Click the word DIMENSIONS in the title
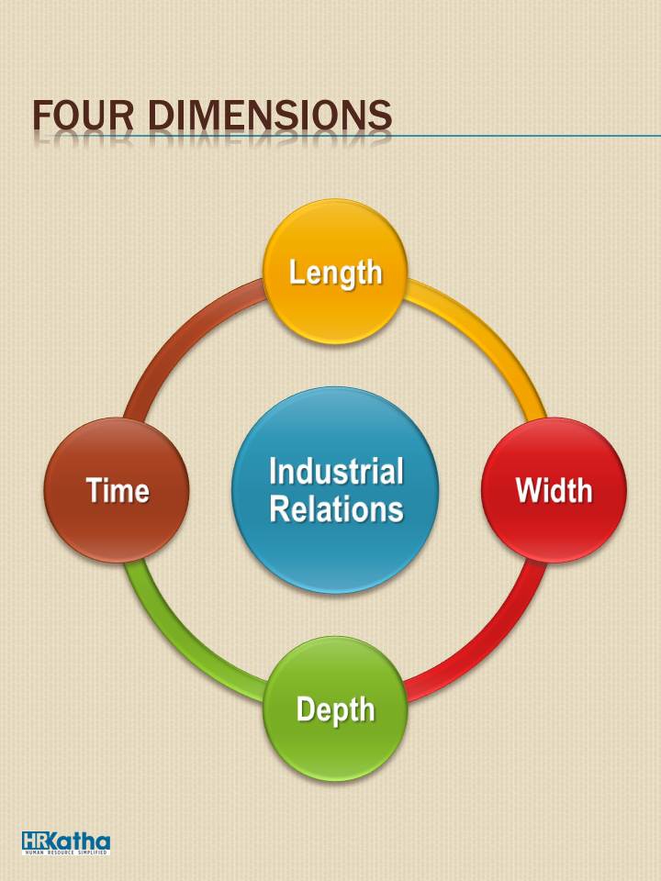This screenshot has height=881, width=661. [270, 116]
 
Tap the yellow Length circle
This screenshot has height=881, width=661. [335, 272]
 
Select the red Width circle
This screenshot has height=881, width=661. [554, 490]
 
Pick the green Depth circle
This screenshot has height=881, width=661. [335, 708]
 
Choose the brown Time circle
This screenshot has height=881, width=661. [117, 490]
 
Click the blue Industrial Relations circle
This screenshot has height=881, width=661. [335, 490]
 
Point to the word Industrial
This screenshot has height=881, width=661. [336, 471]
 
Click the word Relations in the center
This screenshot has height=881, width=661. [336, 508]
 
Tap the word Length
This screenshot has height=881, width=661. [336, 273]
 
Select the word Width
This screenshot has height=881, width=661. [555, 490]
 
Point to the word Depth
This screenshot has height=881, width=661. [336, 710]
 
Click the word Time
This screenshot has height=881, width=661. [118, 490]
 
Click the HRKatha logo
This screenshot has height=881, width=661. [66, 842]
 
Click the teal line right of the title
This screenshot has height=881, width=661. [526, 136]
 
